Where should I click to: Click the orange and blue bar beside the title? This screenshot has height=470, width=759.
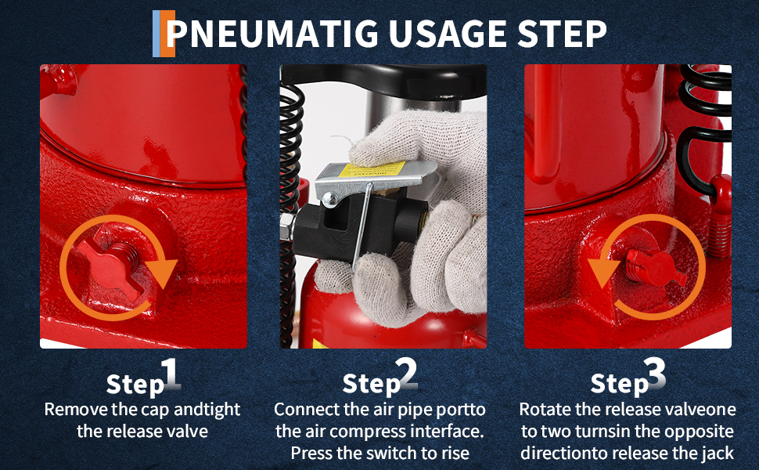click(164, 34)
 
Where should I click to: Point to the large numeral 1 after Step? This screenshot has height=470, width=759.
click(170, 374)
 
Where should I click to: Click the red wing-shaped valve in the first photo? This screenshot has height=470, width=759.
click(113, 265)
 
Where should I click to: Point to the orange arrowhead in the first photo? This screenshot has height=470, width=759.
click(162, 273)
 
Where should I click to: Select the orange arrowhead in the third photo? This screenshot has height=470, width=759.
click(603, 273)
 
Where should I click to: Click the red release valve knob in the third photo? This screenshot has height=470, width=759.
click(654, 267)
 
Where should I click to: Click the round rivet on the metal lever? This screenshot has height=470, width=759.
click(330, 198)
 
